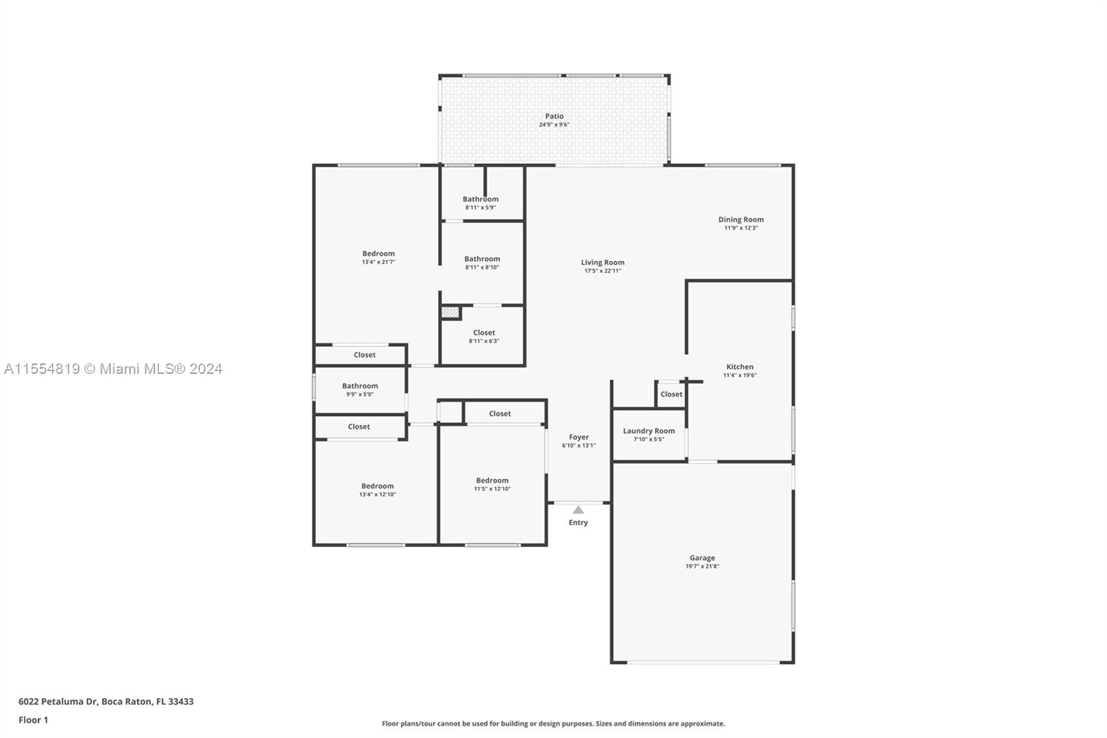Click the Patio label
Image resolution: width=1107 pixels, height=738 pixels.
(x=554, y=116)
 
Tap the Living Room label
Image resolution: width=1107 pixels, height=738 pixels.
(x=603, y=262)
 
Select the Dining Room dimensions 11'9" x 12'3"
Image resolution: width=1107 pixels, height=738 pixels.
(x=741, y=228)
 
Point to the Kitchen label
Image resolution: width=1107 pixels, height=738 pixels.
(x=740, y=366)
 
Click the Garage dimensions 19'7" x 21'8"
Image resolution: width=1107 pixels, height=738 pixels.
(x=702, y=566)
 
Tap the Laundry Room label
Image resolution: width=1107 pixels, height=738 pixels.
(x=649, y=431)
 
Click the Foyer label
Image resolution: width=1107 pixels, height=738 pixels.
(x=578, y=438)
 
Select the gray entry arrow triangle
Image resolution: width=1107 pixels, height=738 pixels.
(x=578, y=510)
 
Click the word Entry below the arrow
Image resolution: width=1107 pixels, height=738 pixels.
(x=578, y=522)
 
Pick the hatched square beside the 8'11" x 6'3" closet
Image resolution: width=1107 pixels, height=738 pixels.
(x=450, y=312)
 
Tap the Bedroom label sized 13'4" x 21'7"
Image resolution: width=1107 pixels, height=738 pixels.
(x=378, y=254)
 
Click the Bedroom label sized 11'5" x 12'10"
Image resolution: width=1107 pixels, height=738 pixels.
(x=492, y=480)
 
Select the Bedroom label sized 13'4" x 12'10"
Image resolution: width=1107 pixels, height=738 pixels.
(x=378, y=486)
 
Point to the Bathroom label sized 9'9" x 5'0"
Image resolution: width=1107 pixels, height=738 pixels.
(x=360, y=386)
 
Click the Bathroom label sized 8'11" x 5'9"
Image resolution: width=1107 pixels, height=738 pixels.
(x=481, y=199)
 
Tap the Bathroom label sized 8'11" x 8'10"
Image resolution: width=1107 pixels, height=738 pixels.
(x=482, y=259)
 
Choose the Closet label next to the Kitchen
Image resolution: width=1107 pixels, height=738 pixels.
(x=671, y=394)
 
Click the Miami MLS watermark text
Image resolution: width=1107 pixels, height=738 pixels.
(x=113, y=369)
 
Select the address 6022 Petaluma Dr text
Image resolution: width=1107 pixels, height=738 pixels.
(x=58, y=701)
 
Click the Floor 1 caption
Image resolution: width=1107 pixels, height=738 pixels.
(x=33, y=720)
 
